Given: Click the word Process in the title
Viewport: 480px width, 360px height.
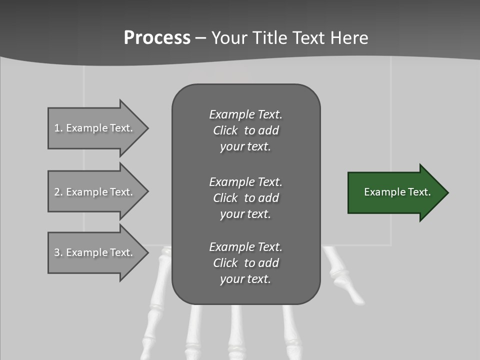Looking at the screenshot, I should coord(157,38).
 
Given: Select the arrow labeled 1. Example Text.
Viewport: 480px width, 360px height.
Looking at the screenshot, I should coord(95,128).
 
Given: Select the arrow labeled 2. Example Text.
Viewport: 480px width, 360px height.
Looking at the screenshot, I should coord(95,192).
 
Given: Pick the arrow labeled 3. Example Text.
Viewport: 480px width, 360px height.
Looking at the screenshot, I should coord(95,252).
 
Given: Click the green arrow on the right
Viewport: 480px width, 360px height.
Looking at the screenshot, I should coord(395,192).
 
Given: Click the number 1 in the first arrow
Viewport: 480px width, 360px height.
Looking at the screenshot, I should coord(57,128).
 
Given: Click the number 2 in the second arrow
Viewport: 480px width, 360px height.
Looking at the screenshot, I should coord(57,192).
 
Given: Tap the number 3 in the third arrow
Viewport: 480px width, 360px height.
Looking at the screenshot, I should coord(57,252).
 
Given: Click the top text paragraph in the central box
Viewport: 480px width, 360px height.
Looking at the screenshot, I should coord(245,130).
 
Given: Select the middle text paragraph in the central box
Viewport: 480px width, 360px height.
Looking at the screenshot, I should coord(245,198).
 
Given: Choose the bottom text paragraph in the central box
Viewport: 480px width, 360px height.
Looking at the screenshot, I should coord(245,263).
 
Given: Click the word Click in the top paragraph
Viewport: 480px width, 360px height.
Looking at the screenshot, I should coord(225,130).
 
